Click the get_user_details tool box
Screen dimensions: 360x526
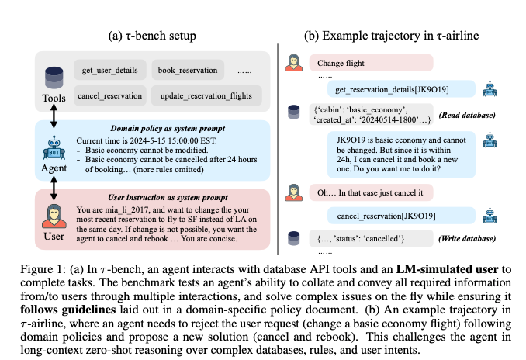(109, 71)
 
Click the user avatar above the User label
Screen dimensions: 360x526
(54, 216)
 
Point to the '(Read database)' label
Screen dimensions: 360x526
(463, 115)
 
